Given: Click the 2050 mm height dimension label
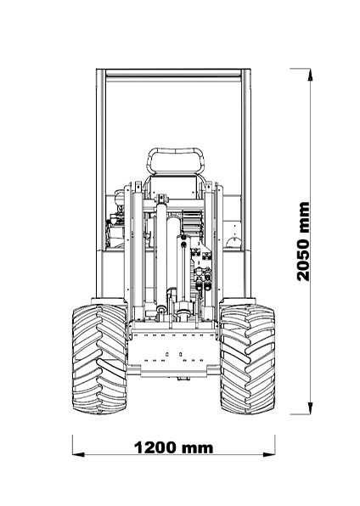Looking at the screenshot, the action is (303, 241).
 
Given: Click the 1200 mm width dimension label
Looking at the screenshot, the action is (174, 448).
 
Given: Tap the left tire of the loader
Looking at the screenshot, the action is (99, 359).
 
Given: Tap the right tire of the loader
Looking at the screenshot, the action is (248, 359).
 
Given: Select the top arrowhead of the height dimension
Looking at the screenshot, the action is (310, 75).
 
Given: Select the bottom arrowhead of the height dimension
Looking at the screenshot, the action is (310, 408).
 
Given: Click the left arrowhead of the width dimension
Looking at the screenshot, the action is (78, 454).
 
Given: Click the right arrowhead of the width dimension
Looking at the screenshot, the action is (269, 454).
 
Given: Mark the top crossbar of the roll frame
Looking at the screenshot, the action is (173, 73).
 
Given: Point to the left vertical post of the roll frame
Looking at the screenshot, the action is (101, 184).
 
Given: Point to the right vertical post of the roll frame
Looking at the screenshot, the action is (246, 184).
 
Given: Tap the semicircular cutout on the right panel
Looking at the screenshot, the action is (233, 242).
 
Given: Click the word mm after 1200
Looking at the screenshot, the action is (197, 449).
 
